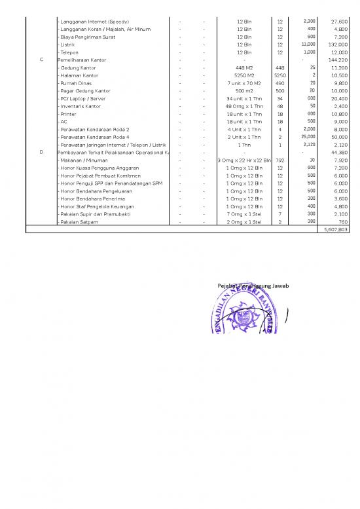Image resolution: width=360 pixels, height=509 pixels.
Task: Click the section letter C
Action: coord(41,60)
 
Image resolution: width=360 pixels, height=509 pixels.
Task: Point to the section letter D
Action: coord(41,152)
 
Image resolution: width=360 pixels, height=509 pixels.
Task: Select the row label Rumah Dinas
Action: coord(77,83)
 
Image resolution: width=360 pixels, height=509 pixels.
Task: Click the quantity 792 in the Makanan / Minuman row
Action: coord(279,160)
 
